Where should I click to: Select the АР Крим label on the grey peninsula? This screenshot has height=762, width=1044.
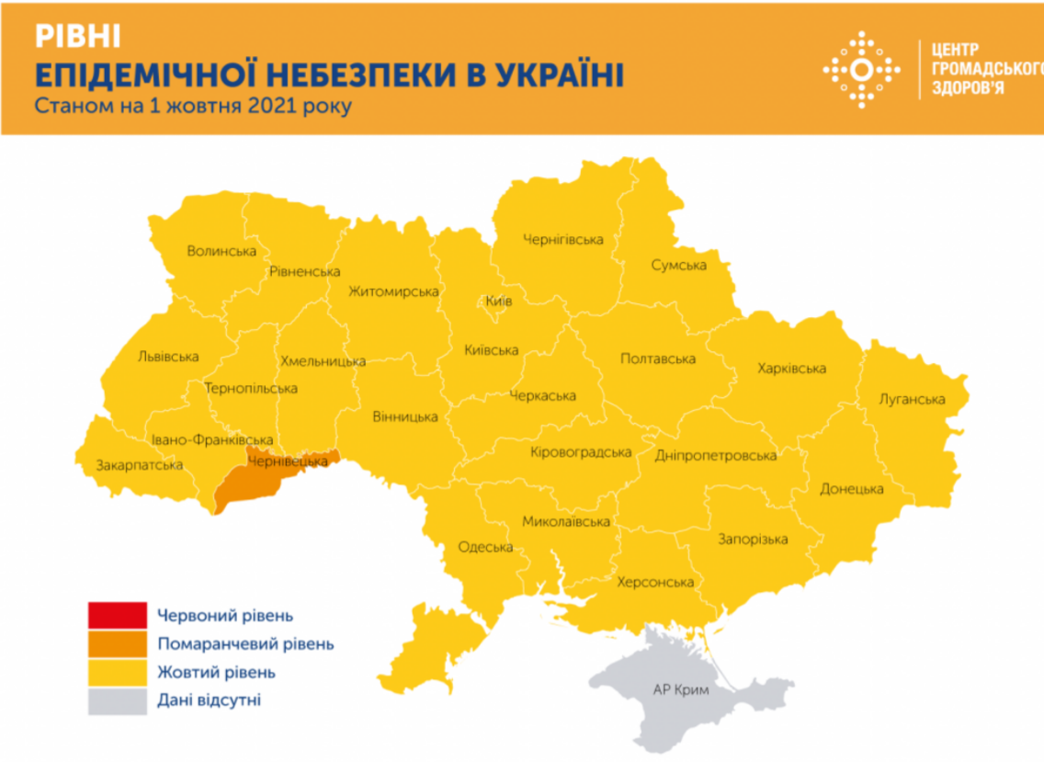tap(682, 690)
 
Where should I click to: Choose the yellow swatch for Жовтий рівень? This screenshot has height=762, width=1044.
tap(117, 672)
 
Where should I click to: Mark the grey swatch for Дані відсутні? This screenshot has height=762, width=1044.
tap(117, 700)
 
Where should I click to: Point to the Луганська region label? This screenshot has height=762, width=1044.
tap(912, 399)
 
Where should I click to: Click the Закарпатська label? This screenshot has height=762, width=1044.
tap(140, 465)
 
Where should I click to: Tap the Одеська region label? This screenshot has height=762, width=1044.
tap(484, 547)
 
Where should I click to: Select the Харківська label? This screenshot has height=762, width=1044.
tap(791, 369)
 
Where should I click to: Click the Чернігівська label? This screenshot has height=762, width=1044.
tap(562, 240)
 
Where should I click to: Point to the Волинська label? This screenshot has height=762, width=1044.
tap(220, 250)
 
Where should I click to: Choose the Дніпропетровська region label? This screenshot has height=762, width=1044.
tap(716, 455)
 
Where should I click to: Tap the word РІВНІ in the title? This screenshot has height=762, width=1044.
tap(77, 36)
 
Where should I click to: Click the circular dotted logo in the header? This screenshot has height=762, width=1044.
tap(861, 70)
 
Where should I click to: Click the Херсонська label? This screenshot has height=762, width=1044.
tap(654, 582)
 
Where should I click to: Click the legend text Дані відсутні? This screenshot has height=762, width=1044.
tap(209, 700)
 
